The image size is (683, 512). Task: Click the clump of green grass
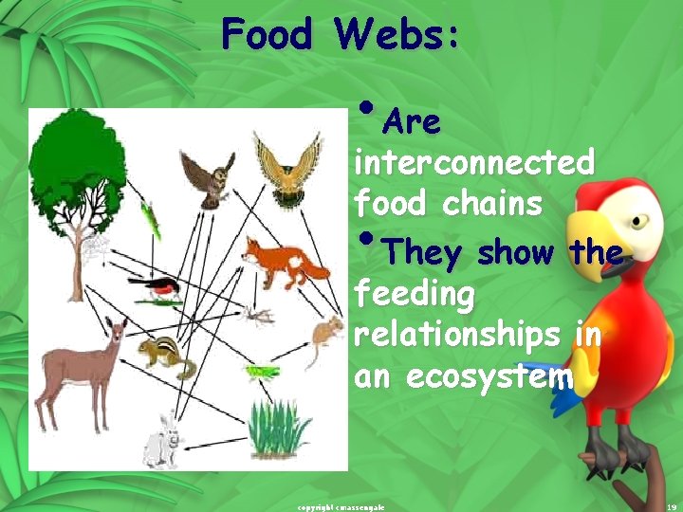point(279,430)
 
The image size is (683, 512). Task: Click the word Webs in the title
point(397,35)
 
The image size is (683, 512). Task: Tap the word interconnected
point(474,163)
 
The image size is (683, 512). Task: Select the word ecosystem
point(490,376)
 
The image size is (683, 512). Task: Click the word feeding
point(414,295)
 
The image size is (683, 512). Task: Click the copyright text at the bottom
point(341,507)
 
